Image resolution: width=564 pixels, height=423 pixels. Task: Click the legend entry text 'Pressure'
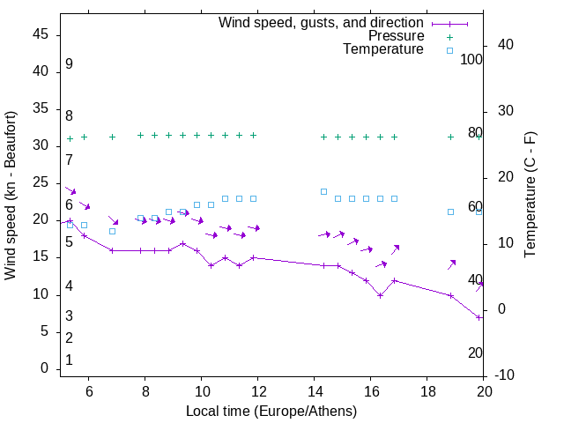point(396,36)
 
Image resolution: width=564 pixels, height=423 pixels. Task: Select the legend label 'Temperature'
point(383,50)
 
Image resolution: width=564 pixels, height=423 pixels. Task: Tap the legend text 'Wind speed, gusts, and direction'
point(322,23)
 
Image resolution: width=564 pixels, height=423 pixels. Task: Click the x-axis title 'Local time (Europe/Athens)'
point(271,412)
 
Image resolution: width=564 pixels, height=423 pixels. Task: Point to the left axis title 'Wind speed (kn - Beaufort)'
point(11,196)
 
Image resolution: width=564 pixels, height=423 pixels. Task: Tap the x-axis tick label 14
point(315,390)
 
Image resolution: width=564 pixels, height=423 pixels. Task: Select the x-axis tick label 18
point(427,390)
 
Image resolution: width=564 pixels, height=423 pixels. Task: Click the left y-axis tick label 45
point(40,34)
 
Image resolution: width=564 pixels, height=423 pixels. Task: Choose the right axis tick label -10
point(504,375)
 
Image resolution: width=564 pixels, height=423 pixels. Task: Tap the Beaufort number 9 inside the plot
point(69,64)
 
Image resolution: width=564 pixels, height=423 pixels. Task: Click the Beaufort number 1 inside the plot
point(69,360)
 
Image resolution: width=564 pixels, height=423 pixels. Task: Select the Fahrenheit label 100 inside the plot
point(472,60)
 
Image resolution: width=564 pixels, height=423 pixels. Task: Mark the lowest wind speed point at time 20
point(479,317)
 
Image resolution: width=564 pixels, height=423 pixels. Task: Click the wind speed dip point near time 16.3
point(380,295)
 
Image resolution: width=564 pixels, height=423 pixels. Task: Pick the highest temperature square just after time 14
point(323,191)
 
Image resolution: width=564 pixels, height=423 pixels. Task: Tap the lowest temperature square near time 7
point(112,231)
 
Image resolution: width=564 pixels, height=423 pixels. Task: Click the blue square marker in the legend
point(449,50)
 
